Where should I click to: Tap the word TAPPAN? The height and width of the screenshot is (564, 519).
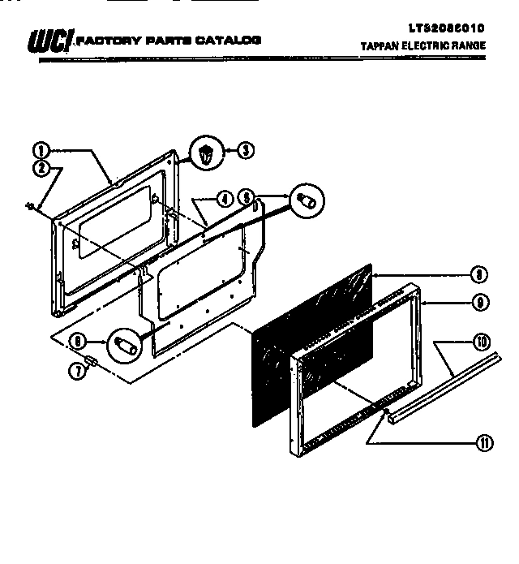point(380,46)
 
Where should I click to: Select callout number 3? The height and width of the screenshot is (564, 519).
point(245,150)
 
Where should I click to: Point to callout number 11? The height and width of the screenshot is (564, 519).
point(484,442)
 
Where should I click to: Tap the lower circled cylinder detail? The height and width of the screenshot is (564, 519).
point(125,343)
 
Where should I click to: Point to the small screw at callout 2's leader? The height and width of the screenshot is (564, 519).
point(30,208)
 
